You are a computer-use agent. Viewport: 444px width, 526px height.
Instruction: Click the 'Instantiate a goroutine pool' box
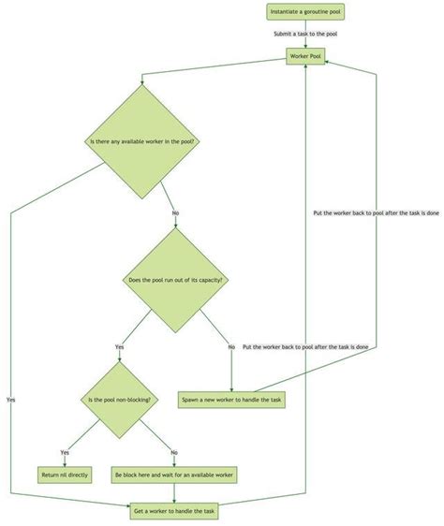click(303, 12)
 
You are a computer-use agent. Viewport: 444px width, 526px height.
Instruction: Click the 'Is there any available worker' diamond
click(146, 142)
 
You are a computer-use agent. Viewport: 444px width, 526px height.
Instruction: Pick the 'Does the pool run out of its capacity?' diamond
click(175, 280)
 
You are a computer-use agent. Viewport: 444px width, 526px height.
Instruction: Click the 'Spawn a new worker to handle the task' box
click(230, 401)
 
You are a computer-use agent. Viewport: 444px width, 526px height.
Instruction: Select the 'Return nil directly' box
click(65, 475)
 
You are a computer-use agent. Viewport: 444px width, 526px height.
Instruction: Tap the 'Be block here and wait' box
click(174, 475)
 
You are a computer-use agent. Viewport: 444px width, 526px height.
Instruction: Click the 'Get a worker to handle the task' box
click(174, 510)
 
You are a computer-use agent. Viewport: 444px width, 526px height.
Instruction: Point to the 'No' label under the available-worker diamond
click(175, 212)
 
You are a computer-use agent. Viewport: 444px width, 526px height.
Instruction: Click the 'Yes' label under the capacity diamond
click(119, 347)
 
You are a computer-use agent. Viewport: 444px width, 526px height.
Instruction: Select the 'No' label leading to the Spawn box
click(230, 347)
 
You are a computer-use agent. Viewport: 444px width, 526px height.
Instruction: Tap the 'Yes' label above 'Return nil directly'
click(65, 452)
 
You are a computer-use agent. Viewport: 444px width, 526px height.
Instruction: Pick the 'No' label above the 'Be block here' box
click(174, 452)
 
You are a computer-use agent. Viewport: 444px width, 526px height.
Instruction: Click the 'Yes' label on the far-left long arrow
click(11, 400)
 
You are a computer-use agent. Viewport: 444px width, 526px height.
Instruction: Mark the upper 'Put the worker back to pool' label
click(376, 212)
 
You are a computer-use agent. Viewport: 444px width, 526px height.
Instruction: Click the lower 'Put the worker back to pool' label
click(304, 347)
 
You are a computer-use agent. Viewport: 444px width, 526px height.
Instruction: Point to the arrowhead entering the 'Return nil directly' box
click(65, 464)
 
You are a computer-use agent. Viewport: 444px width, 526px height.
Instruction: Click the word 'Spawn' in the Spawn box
click(192, 401)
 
